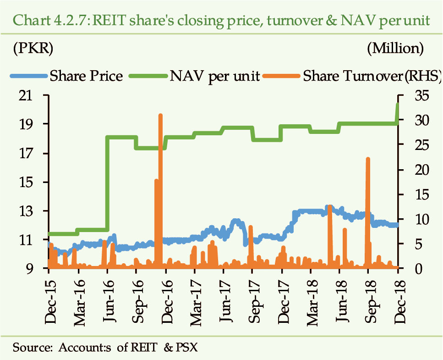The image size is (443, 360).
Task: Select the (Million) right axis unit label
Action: (x=395, y=47)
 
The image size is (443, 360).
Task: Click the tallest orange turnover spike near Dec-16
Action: (x=160, y=116)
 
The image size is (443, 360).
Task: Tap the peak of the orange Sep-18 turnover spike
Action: (x=368, y=159)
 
